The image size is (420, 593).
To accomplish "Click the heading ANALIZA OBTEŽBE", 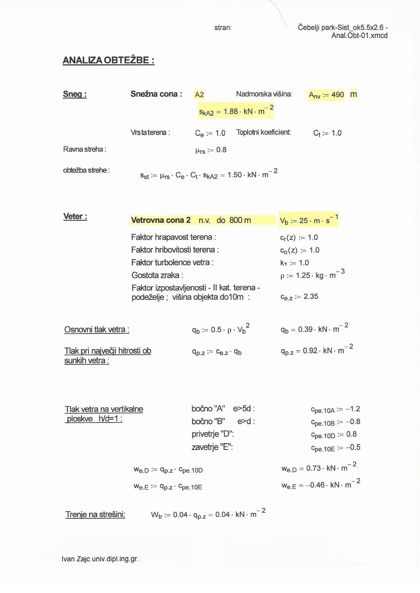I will (108, 60).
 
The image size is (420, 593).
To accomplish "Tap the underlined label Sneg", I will (75, 94).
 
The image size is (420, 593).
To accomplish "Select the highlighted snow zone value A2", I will (199, 95).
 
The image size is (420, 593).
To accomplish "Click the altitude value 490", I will (338, 95).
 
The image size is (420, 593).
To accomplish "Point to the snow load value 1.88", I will (231, 111).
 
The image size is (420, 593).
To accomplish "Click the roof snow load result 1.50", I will (234, 175).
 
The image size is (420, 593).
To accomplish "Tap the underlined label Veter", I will (75, 216).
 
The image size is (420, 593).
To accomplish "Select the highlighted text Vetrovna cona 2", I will (161, 220).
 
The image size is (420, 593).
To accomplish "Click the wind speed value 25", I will (303, 221).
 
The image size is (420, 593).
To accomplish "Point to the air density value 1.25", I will (303, 276).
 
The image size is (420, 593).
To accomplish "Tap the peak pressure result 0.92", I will (310, 351).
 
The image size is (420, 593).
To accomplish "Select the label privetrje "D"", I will (213, 434).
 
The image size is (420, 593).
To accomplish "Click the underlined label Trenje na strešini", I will (95, 514).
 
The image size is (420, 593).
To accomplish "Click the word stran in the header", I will (223, 28).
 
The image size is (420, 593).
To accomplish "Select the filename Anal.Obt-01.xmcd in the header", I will (359, 36).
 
